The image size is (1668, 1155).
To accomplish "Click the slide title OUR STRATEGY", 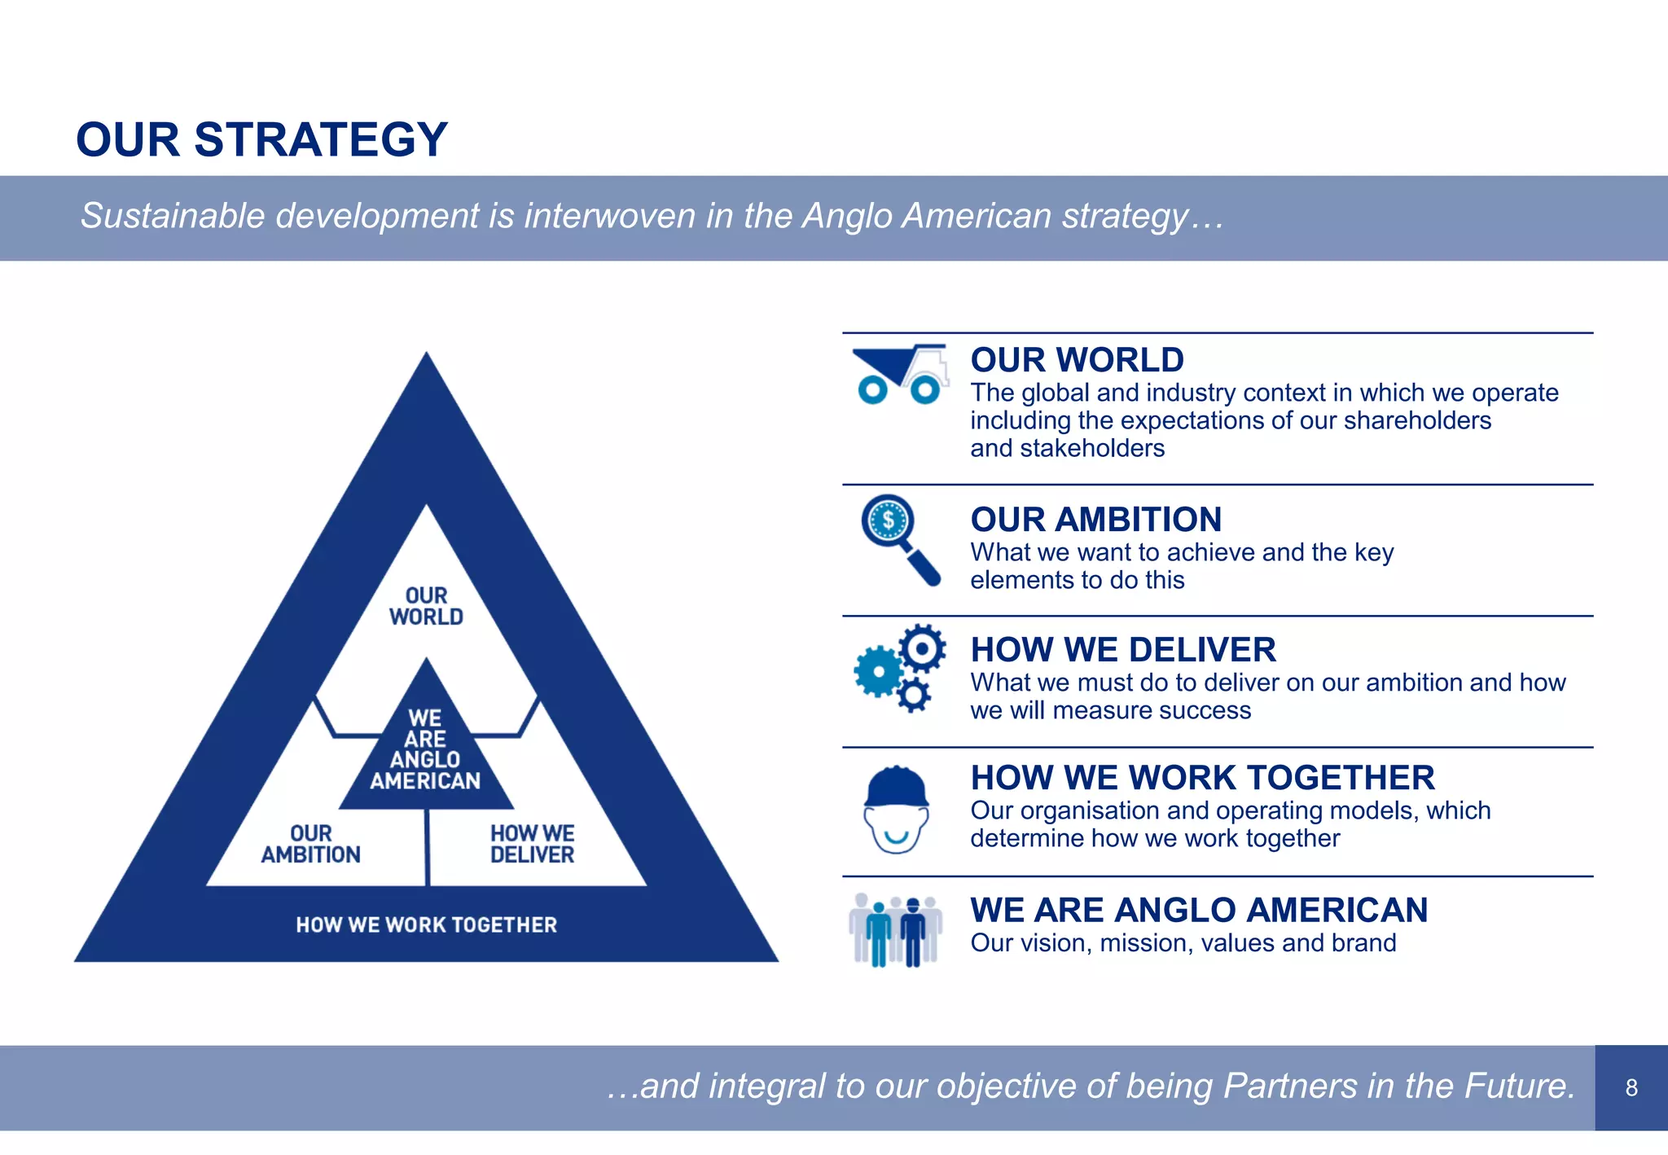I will [x=261, y=139].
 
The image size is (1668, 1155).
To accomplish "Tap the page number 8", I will [x=1631, y=1087].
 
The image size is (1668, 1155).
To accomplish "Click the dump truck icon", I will [x=900, y=375].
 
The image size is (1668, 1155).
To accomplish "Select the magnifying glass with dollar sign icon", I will [x=898, y=538].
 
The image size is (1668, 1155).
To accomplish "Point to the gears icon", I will [x=900, y=668].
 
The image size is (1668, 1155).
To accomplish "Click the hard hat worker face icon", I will [x=896, y=810].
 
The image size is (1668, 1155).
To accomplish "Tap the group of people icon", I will [x=895, y=929].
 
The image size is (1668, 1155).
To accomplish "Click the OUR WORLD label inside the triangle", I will [x=426, y=607].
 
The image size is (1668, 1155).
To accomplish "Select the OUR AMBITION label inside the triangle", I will [x=310, y=844].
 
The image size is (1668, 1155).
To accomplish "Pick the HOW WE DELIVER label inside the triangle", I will [x=532, y=844].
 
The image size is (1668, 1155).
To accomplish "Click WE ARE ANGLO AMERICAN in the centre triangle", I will [x=425, y=749].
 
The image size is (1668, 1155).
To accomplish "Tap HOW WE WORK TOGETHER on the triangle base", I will [x=426, y=924].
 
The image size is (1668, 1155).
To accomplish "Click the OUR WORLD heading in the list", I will [x=1077, y=360].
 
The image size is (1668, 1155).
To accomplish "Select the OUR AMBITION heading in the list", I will [x=1095, y=520].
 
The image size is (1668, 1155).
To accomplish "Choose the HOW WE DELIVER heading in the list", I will [x=1123, y=650].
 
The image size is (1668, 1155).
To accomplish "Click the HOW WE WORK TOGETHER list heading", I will [x=1202, y=778].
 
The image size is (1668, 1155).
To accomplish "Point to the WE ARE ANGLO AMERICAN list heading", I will [x=1199, y=910].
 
